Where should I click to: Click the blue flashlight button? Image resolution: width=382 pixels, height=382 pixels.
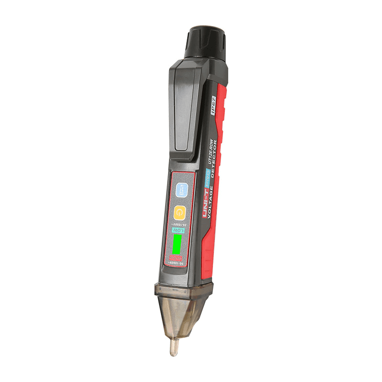click(181, 190)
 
